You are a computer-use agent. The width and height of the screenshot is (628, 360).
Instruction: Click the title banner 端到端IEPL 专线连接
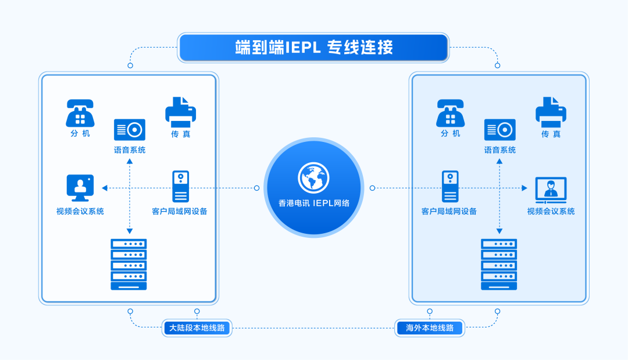tap(313, 48)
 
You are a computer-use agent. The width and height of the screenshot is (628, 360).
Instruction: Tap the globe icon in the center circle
tap(313, 177)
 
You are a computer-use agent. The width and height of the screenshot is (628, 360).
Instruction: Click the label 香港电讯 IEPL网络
tap(313, 203)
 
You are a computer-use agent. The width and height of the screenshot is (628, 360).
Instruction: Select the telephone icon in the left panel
tap(80, 113)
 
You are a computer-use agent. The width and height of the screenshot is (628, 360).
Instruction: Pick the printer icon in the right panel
tap(550, 112)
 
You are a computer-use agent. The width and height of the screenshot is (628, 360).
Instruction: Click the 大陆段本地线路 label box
tap(197, 328)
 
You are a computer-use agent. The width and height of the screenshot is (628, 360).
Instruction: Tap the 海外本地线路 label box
tap(430, 328)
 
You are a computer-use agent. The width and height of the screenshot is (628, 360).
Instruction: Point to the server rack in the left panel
tap(129, 264)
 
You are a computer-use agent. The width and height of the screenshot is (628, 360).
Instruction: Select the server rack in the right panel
tap(499, 264)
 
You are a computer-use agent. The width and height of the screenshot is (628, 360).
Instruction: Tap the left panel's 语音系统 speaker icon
tap(129, 130)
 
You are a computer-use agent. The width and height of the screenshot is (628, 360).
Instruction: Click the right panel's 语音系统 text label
tap(499, 150)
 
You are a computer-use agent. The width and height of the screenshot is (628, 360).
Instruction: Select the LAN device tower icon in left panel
tap(180, 186)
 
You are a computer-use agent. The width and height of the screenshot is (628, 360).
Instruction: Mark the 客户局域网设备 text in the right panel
tap(449, 211)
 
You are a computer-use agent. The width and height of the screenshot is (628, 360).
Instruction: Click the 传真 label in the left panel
tap(180, 134)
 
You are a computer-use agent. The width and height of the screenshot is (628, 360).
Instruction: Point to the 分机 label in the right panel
tap(450, 134)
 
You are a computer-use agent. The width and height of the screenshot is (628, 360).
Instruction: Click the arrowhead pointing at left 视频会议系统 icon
tap(105, 188)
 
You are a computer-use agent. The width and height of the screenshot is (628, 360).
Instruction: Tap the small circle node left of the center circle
tap(256, 188)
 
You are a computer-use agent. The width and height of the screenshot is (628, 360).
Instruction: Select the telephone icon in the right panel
tap(450, 113)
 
